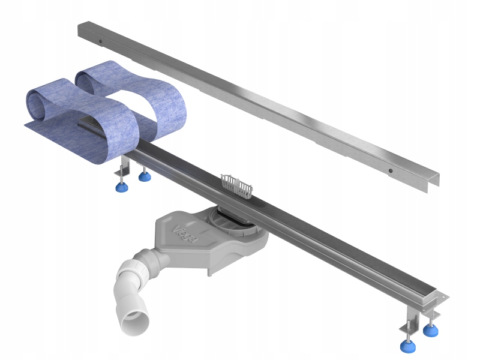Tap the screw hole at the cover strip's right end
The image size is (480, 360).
point(391,170)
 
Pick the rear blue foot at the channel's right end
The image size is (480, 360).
point(430,329)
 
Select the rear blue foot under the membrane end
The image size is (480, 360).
point(143,176)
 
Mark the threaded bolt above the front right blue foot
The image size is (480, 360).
point(407,330)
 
